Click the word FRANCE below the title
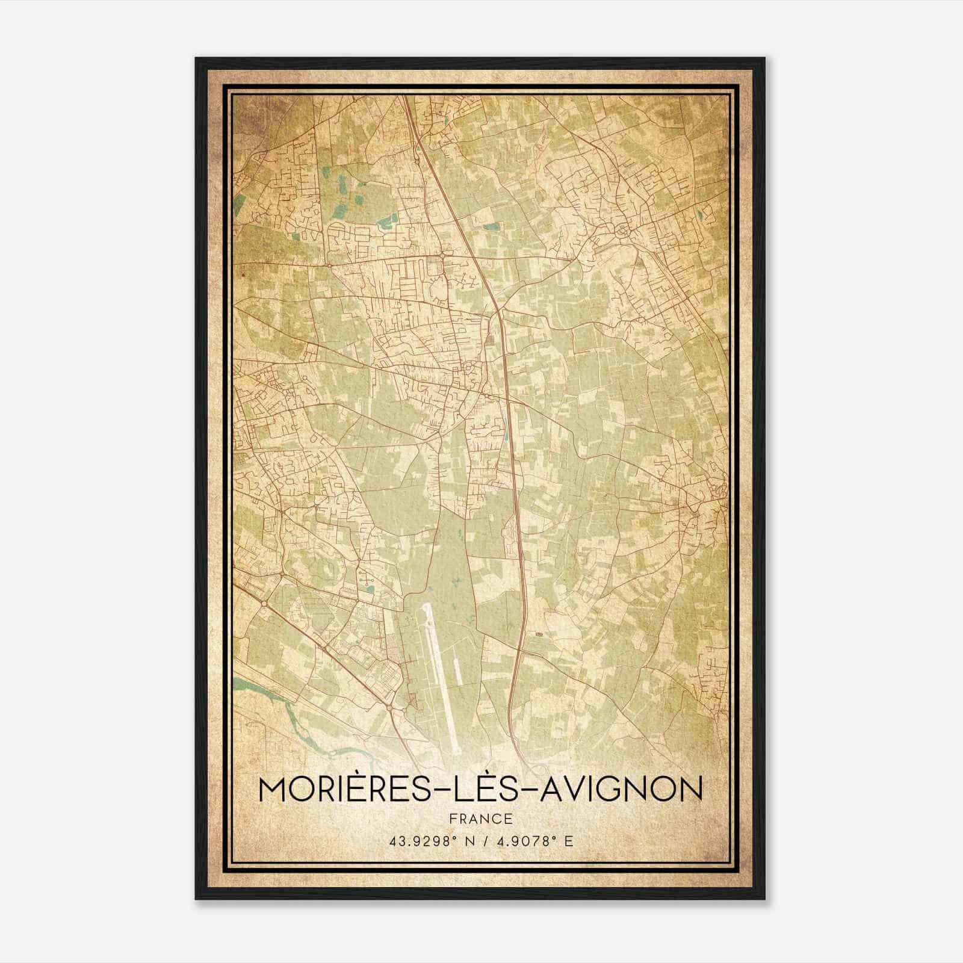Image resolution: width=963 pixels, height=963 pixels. pyautogui.click(x=480, y=819)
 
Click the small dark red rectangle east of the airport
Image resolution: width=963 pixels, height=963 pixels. pyautogui.click(x=538, y=634)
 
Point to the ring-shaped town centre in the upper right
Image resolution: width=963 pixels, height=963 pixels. pyautogui.click(x=621, y=229)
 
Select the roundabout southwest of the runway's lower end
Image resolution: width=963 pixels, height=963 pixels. pyautogui.click(x=391, y=710)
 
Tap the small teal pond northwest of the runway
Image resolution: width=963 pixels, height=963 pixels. pyautogui.click(x=370, y=590)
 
